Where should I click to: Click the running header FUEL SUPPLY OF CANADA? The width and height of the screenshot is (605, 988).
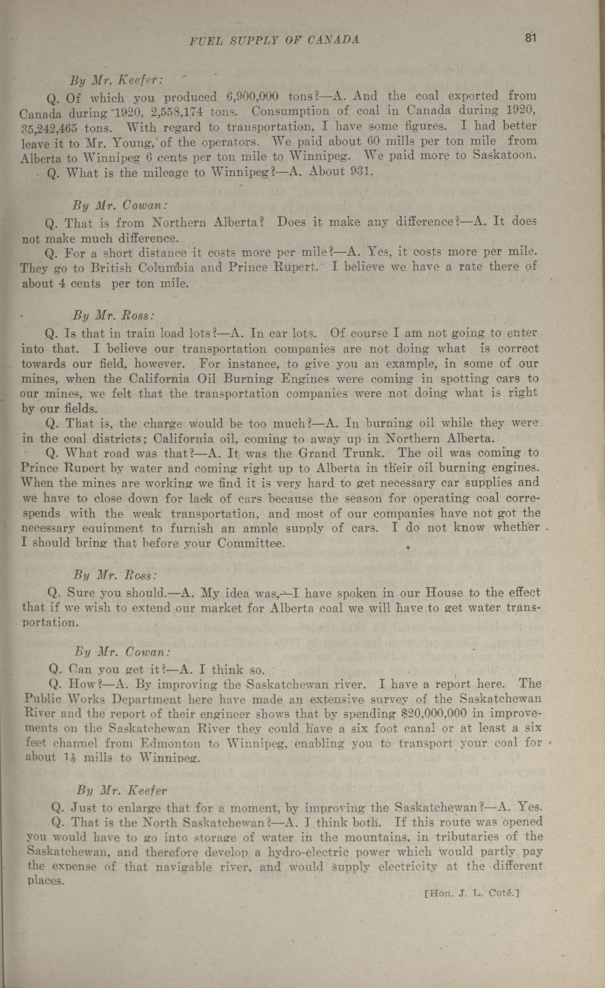274,40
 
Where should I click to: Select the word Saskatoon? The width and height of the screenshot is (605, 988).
504,155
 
